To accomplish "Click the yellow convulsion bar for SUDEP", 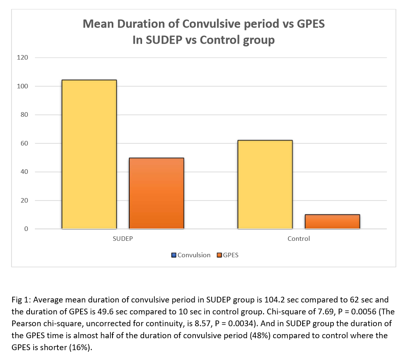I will pyautogui.click(x=89, y=154).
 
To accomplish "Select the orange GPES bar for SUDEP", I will pyautogui.click(x=156, y=193).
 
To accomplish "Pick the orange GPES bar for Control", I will pyautogui.click(x=332, y=221).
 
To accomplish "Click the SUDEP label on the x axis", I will pyautogui.click(x=123, y=239).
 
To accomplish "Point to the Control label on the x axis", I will pyautogui.click(x=299, y=239).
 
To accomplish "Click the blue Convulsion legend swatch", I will pyautogui.click(x=174, y=255).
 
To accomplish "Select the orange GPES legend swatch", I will pyautogui.click(x=219, y=255).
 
